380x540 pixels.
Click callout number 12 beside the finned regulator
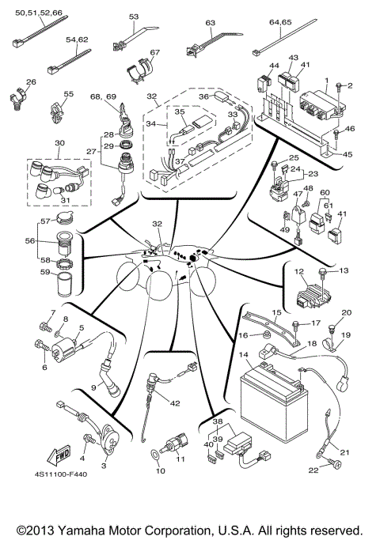pyautogui.click(x=300, y=271)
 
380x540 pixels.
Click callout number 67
pyautogui.click(x=154, y=53)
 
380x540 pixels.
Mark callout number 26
pyautogui.click(x=31, y=82)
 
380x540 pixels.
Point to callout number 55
pyautogui.click(x=68, y=94)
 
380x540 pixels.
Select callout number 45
pyautogui.click(x=349, y=154)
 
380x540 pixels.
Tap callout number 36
pyautogui.click(x=203, y=96)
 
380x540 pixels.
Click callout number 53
pyautogui.click(x=133, y=16)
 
